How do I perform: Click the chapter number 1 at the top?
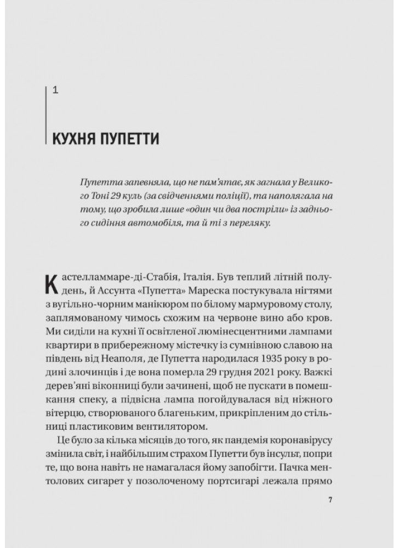[55, 90]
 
